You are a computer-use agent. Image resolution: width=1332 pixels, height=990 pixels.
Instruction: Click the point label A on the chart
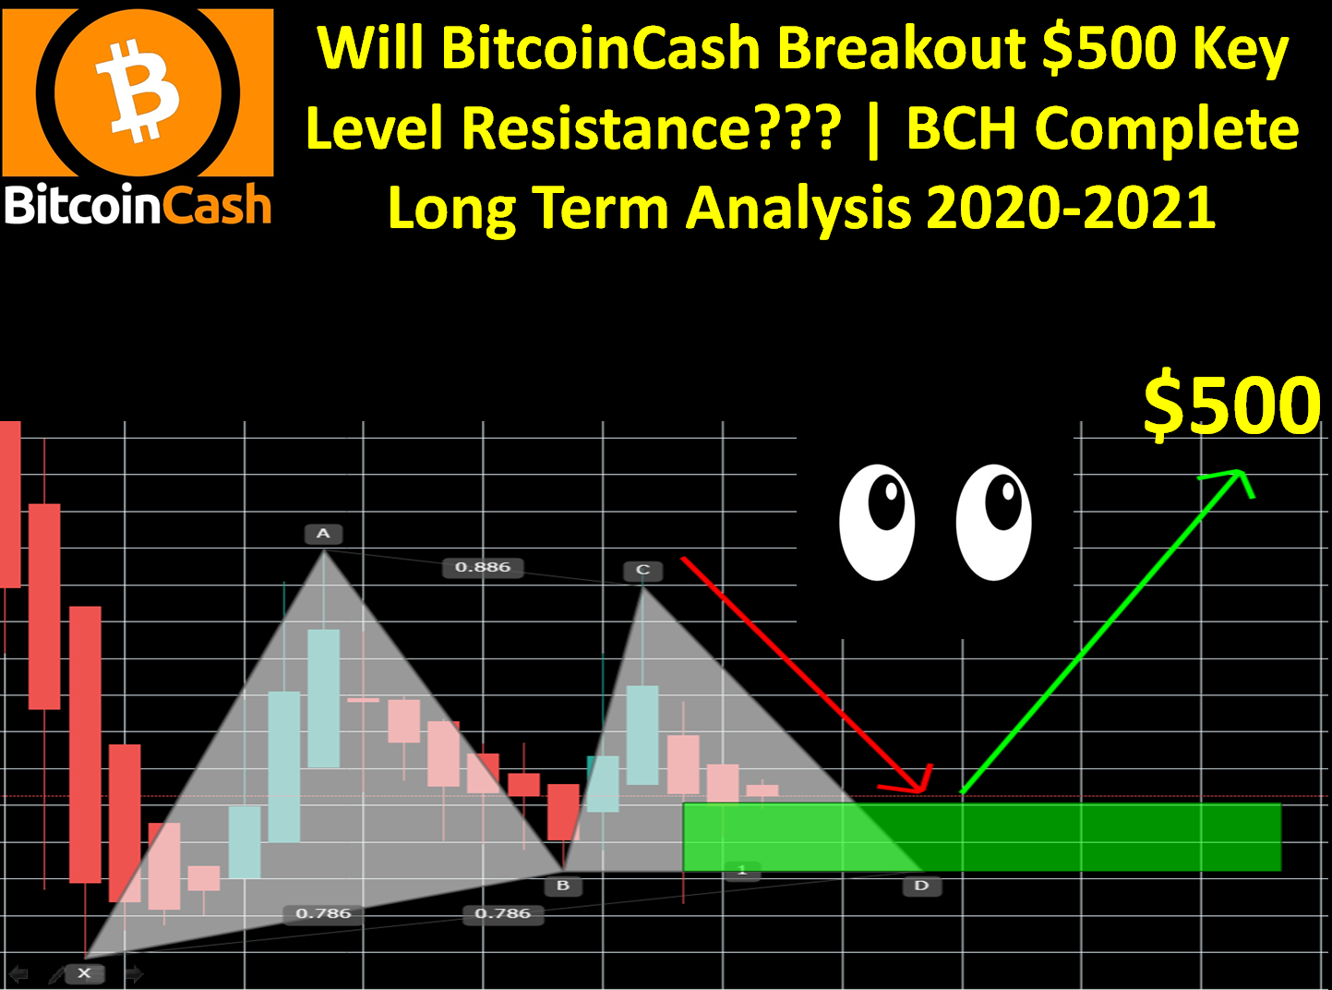coord(323,534)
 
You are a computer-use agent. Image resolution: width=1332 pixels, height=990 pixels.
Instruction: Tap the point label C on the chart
coord(642,570)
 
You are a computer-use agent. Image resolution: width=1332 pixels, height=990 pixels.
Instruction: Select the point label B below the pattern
coord(563,886)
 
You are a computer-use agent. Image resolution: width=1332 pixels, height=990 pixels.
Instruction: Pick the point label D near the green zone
coord(921,886)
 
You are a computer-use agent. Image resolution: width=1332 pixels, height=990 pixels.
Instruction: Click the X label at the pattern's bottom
coord(85,973)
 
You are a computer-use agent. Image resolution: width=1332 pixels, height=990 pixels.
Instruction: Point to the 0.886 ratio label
coord(483,567)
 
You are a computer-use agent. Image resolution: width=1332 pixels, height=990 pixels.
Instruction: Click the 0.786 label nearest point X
coord(323,913)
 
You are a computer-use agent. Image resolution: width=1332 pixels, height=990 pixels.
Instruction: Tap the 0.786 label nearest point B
coord(503,913)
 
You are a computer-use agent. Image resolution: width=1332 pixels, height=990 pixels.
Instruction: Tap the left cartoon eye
coord(877,522)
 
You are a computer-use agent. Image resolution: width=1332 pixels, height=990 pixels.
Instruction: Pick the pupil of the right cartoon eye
coord(1002,501)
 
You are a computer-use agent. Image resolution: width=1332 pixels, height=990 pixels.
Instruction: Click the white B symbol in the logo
coord(138,91)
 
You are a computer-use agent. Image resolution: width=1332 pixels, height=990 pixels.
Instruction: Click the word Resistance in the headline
coord(652,127)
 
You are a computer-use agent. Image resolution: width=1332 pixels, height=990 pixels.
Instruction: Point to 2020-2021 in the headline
coord(1072,208)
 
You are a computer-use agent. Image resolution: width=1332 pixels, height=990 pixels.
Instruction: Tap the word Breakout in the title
coord(901,48)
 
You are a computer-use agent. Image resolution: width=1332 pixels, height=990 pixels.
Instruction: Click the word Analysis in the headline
coord(798,210)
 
